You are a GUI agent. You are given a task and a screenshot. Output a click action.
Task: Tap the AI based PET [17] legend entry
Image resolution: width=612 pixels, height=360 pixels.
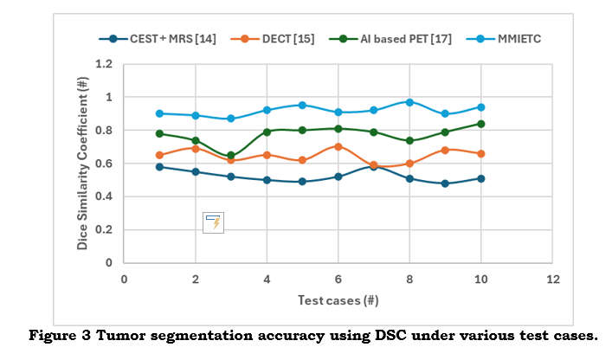(384, 38)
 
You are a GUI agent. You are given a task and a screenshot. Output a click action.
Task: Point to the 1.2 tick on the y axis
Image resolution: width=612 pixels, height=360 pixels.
(105, 64)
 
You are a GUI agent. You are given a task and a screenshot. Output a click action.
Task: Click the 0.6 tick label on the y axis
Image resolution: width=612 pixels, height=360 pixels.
(105, 164)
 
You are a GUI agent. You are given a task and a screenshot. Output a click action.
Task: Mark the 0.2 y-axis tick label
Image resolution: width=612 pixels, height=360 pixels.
(105, 230)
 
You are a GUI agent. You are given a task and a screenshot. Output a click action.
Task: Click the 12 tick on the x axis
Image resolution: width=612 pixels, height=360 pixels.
(552, 280)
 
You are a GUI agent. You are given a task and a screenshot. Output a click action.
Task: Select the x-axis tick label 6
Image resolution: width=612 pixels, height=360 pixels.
(338, 280)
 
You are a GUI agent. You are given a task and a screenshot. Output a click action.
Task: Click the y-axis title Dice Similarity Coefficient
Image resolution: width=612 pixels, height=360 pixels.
(83, 163)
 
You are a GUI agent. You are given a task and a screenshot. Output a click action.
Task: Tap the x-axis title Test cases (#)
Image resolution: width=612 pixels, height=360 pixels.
(338, 300)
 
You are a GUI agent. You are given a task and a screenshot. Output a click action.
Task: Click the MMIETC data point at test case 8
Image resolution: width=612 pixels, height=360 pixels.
(409, 102)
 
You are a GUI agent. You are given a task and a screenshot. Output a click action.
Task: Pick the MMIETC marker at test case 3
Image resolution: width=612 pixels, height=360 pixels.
(231, 119)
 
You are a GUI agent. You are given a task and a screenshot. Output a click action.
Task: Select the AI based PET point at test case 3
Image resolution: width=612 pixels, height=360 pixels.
(231, 156)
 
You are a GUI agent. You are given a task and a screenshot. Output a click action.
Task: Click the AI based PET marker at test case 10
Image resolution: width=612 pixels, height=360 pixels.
(480, 124)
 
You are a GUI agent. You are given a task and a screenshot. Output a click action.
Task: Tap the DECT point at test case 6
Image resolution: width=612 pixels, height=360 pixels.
(338, 147)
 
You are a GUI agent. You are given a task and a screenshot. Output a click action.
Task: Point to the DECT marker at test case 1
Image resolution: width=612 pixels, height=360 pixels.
(160, 155)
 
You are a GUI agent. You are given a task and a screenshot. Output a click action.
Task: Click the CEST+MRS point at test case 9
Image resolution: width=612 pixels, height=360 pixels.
(445, 183)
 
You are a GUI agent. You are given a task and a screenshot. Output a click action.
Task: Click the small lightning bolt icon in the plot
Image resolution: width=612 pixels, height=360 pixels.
(213, 222)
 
